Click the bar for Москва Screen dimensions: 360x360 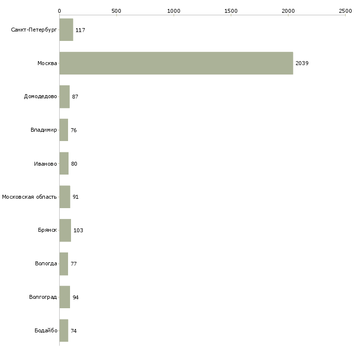177,63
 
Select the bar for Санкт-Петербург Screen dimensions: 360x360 67,30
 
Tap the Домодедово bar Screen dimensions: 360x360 65,97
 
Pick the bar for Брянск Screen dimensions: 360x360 65,230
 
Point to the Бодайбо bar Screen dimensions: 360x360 64,330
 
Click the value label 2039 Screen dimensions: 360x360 302,63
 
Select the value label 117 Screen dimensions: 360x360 80,30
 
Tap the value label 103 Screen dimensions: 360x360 78,230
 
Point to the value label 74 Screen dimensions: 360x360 73,331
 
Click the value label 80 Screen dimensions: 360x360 74,164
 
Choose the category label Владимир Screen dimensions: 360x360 43,130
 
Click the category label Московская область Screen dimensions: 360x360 30,197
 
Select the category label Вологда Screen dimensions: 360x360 46,263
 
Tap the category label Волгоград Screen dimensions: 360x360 43,297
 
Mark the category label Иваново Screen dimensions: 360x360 45,164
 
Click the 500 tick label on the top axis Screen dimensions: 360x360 116,11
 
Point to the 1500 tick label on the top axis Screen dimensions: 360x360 231,11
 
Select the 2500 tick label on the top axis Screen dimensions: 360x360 345,11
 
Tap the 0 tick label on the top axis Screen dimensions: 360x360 60,11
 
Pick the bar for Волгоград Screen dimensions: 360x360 65,297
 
